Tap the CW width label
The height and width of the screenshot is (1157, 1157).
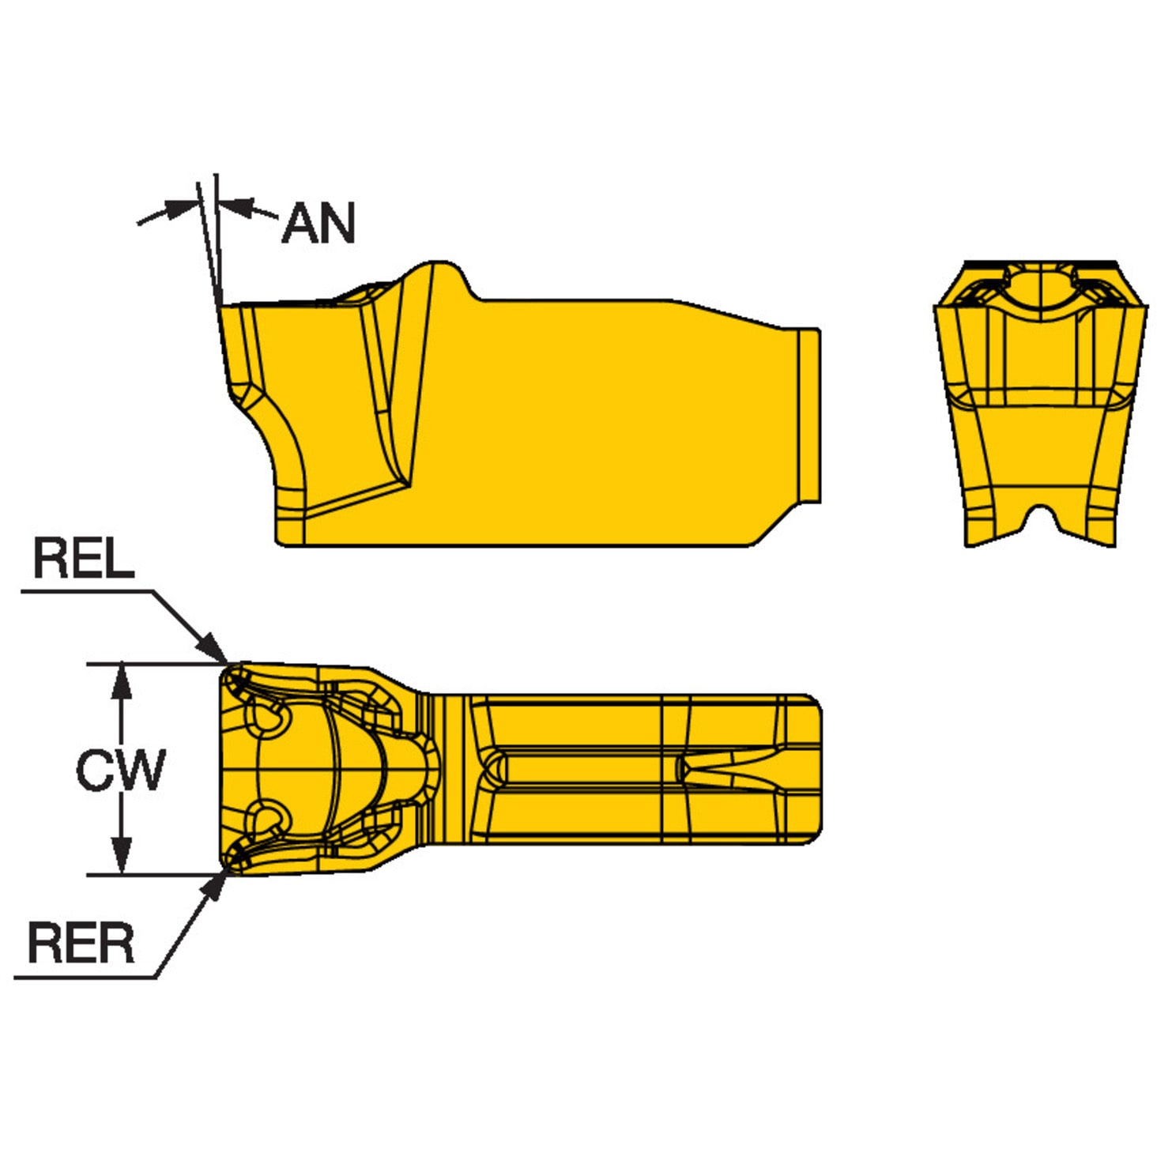click(120, 769)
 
